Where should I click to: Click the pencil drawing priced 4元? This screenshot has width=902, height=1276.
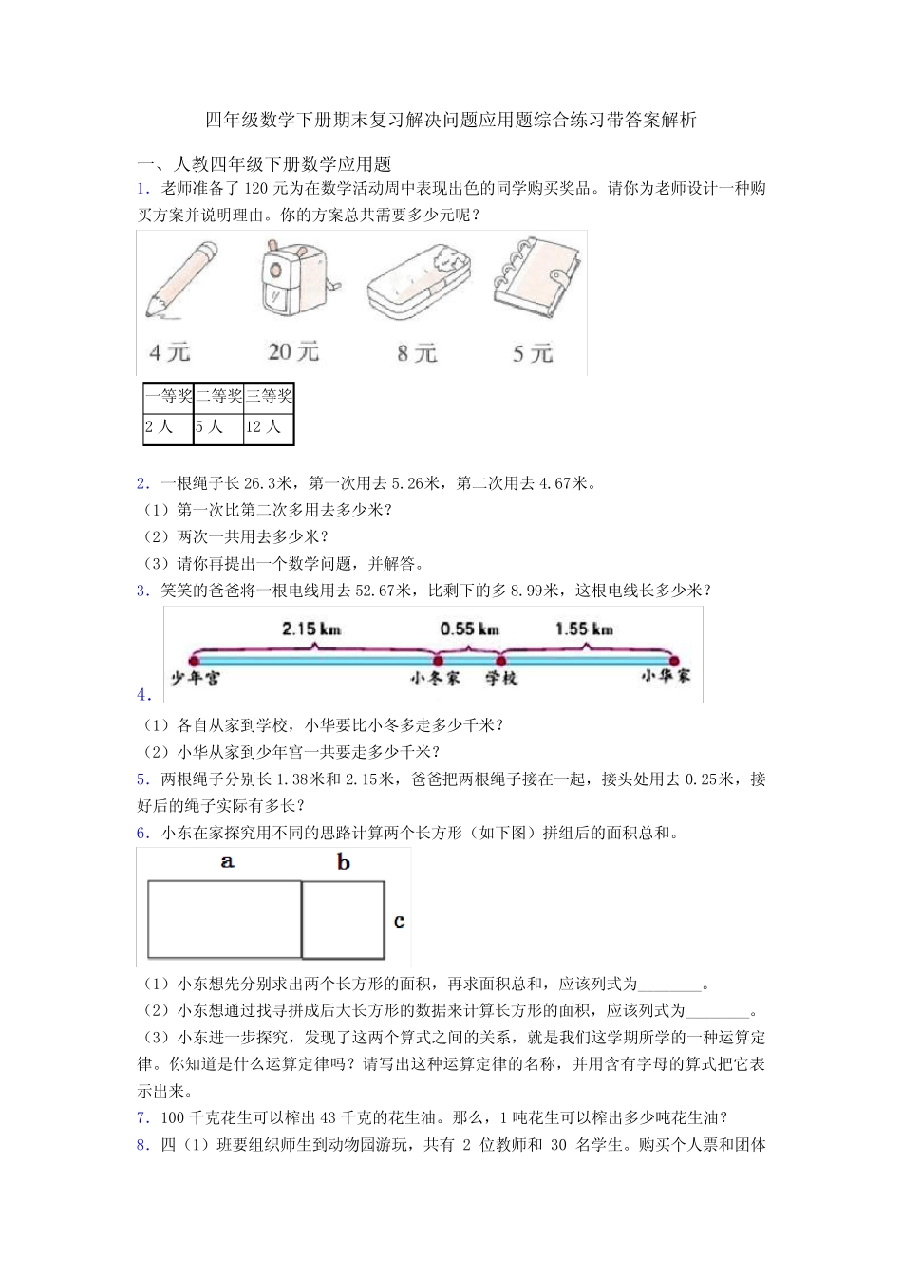180,280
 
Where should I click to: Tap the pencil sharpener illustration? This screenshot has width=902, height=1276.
295,278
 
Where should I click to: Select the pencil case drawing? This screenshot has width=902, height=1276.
419,284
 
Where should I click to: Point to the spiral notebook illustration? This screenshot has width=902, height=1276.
535,276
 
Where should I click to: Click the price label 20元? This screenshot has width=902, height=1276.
292,352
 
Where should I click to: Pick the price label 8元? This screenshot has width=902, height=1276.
417,354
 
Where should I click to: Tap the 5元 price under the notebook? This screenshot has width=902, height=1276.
532,354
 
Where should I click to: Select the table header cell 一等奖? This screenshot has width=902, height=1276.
169,397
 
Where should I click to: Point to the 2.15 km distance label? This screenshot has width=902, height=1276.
311,629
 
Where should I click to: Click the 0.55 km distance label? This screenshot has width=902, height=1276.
469,629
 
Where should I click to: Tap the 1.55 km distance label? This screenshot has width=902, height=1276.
584,629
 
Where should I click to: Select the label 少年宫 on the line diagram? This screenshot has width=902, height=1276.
195,679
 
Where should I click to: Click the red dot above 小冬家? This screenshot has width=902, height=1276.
438,660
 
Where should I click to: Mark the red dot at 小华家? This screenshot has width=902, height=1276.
673,660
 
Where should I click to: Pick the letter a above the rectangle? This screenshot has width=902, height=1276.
227,862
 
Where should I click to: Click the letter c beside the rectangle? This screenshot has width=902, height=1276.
399,921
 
